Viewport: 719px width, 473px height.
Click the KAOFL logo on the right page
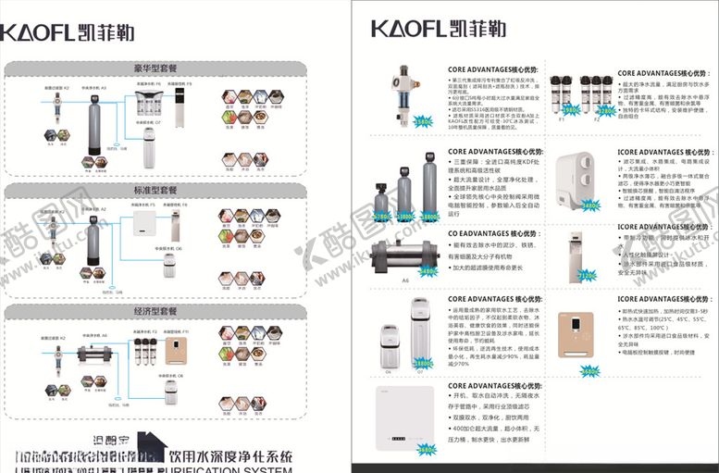(438, 27)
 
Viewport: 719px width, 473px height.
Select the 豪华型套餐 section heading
(155, 68)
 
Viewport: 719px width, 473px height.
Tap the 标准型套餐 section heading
(155, 190)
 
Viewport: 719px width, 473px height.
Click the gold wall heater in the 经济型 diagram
(175, 353)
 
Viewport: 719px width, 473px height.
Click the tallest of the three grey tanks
(429, 189)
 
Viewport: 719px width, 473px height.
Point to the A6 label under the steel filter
(405, 279)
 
